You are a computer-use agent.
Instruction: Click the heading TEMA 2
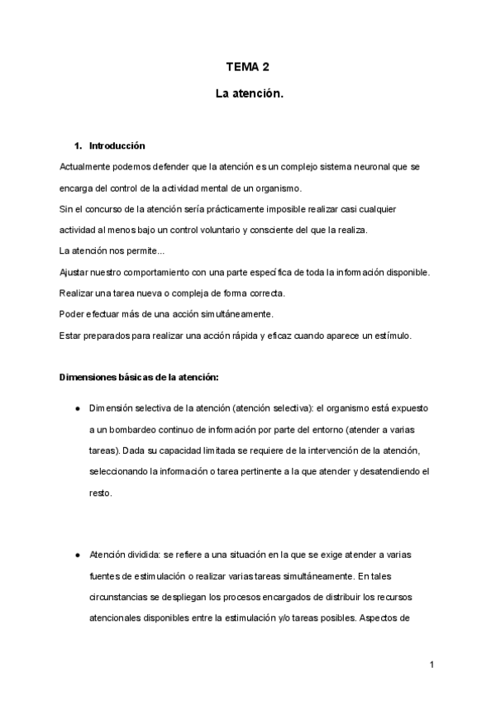(x=248, y=68)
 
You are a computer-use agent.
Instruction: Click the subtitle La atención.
(x=248, y=95)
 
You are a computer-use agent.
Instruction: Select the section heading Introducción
(x=117, y=145)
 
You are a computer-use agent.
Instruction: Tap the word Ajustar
(x=75, y=272)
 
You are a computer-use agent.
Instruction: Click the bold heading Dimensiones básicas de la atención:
(x=139, y=378)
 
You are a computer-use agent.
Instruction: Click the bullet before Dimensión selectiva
(x=77, y=409)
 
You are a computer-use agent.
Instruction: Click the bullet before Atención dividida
(x=77, y=555)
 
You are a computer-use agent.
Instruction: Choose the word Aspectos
(x=387, y=618)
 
